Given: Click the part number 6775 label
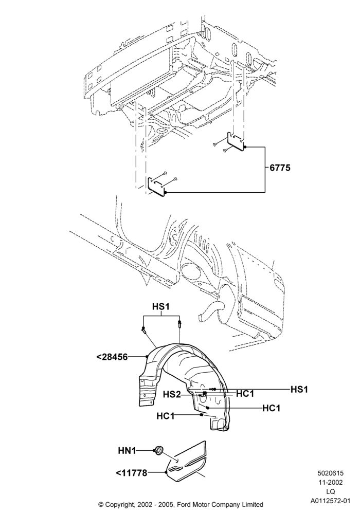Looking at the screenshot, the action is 280,168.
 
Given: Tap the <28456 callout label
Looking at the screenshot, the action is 112,357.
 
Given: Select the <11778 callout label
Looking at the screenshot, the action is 131,473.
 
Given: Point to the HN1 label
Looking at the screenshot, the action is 127,451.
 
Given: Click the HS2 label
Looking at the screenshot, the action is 172,395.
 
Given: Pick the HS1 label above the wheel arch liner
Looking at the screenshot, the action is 161,306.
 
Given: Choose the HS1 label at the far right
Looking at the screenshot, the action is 299,389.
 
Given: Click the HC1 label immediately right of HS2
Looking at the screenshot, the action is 245,394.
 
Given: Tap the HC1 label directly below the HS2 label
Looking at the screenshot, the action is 166,416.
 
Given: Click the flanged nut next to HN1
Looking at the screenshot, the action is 159,451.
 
